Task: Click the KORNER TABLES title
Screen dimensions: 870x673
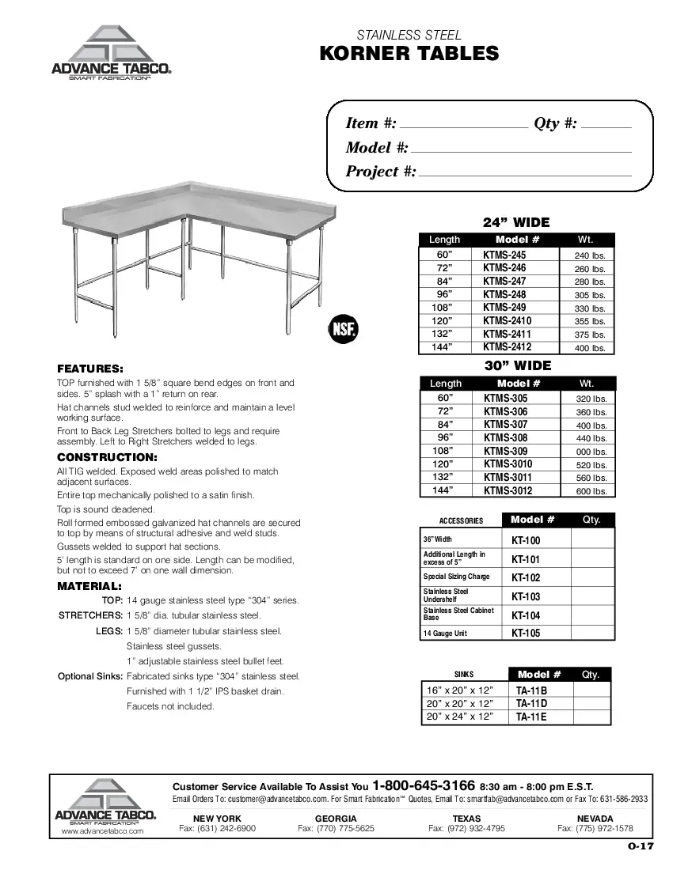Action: [409, 54]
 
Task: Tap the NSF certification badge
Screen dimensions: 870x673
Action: [344, 328]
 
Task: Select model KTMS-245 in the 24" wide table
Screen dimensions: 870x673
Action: [504, 255]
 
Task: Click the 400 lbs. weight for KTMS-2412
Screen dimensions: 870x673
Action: [589, 348]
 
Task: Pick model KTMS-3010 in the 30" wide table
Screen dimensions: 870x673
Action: [508, 464]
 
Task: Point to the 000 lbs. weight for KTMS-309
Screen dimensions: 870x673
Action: [591, 452]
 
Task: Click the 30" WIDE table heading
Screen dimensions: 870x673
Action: [517, 365]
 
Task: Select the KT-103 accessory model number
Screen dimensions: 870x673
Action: [526, 597]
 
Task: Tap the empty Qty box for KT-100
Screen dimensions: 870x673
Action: [591, 540]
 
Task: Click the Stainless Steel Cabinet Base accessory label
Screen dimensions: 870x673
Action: [447, 614]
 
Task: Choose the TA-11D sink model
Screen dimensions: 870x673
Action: [531, 703]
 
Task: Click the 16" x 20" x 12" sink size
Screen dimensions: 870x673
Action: [460, 690]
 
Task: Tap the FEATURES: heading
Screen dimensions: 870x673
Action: [89, 369]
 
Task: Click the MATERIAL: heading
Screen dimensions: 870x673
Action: [89, 586]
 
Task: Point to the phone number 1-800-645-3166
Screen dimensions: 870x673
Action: [424, 786]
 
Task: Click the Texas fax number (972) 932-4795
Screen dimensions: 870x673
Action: [466, 829]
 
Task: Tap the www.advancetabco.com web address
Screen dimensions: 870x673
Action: [102, 831]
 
